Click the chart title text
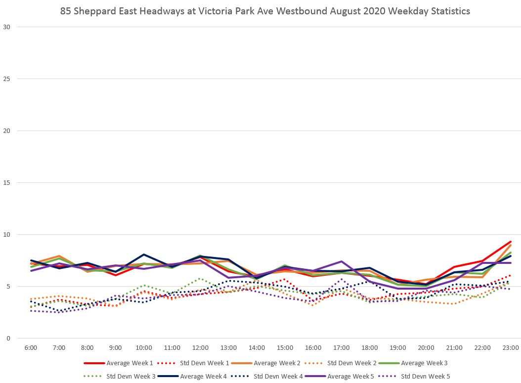coord(265,10)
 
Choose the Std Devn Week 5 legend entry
coord(425,377)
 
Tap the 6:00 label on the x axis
coord(31,348)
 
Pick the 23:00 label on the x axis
coord(511,348)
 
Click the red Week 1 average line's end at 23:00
coord(511,242)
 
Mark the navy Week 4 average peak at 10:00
coord(144,255)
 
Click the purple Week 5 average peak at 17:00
coord(342,261)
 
